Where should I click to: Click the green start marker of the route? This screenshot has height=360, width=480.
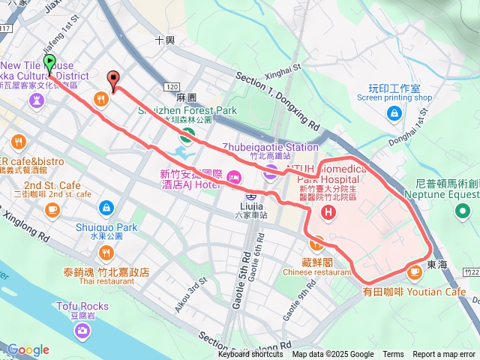pos(49,63)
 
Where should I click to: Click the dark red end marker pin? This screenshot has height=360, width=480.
pos(113,79)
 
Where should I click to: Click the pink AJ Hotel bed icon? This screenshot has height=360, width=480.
pos(233,177)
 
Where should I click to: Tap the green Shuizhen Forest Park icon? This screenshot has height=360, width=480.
pos(187,135)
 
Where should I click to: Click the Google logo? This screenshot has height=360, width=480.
pos(28,349)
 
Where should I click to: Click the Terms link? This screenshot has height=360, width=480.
pos(393,355)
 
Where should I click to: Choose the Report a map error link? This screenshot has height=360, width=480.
pos(444,355)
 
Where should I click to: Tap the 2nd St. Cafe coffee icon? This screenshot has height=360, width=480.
pos(52,208)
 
